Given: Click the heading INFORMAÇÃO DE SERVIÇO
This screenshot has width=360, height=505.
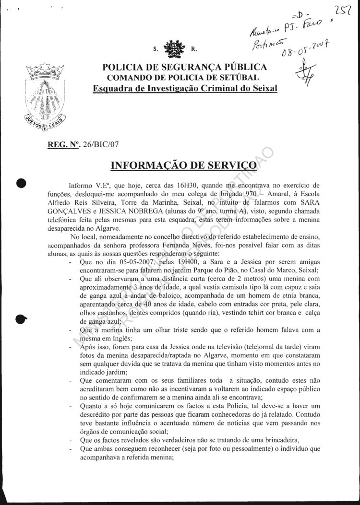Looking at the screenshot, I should [183, 166].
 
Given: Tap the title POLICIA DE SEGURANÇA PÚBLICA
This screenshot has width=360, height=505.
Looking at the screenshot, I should [182, 68].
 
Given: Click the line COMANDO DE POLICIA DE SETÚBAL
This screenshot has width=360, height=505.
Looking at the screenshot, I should [182, 78].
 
